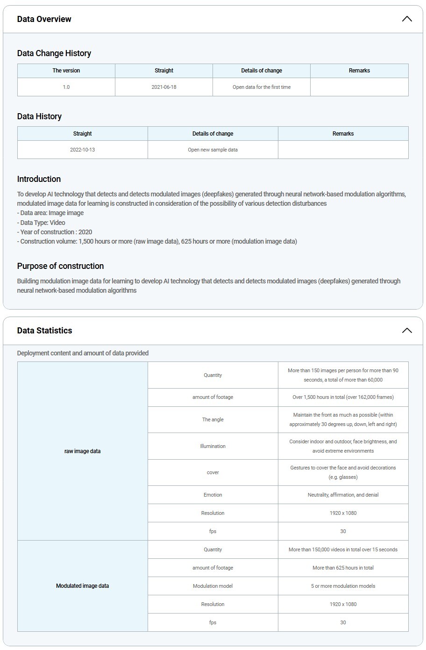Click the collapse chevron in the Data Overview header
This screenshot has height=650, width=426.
tap(407, 19)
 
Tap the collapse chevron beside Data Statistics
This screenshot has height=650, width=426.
tap(407, 331)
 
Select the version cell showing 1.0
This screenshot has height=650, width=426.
tap(66, 87)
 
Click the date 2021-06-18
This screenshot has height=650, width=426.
tap(164, 87)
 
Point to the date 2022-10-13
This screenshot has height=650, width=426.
tap(83, 150)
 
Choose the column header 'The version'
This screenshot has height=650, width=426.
tap(66, 71)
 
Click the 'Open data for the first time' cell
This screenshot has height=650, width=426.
tap(262, 87)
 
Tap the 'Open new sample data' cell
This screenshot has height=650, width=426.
tap(213, 150)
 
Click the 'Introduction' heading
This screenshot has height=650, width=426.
tap(39, 179)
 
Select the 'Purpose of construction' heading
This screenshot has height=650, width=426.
tap(60, 266)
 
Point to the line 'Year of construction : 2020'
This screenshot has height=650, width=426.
tap(56, 232)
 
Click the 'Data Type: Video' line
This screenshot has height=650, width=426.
tap(43, 223)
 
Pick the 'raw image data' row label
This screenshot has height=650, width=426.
tap(83, 451)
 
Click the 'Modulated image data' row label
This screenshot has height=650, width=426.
tap(83, 586)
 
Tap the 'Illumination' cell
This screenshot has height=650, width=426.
tap(213, 446)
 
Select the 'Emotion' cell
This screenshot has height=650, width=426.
tap(213, 495)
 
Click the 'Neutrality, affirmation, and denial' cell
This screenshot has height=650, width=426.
tap(343, 495)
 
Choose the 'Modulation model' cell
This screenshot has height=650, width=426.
tap(213, 586)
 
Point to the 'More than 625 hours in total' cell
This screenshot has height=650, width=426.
tap(343, 568)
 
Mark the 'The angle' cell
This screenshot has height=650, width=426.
tap(213, 419)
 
